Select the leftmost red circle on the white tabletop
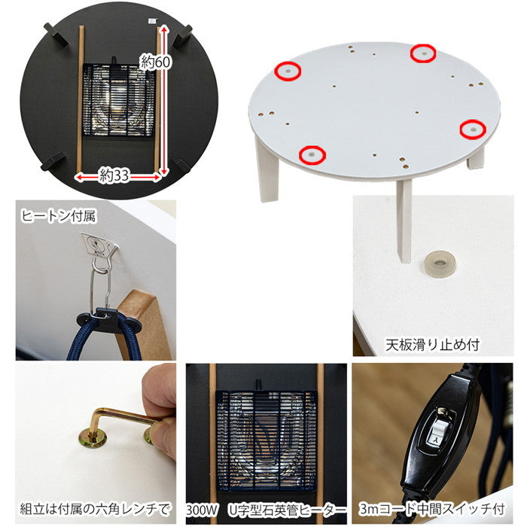pyautogui.click(x=287, y=71)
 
